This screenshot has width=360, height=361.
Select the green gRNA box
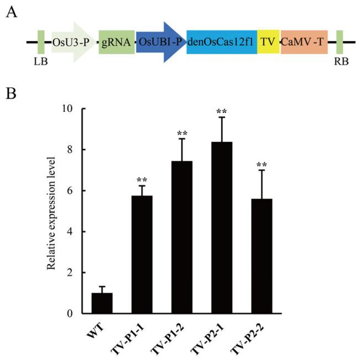tap(117, 42)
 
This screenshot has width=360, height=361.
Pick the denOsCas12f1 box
tap(222, 42)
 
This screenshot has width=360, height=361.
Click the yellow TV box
tap(269, 42)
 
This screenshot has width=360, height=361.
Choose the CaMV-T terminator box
tap(304, 42)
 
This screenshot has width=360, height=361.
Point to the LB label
tap(40, 61)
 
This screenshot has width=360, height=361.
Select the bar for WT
tap(102, 303)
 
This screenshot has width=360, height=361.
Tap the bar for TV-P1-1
tap(142, 255)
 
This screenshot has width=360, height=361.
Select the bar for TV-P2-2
tap(260, 256)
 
